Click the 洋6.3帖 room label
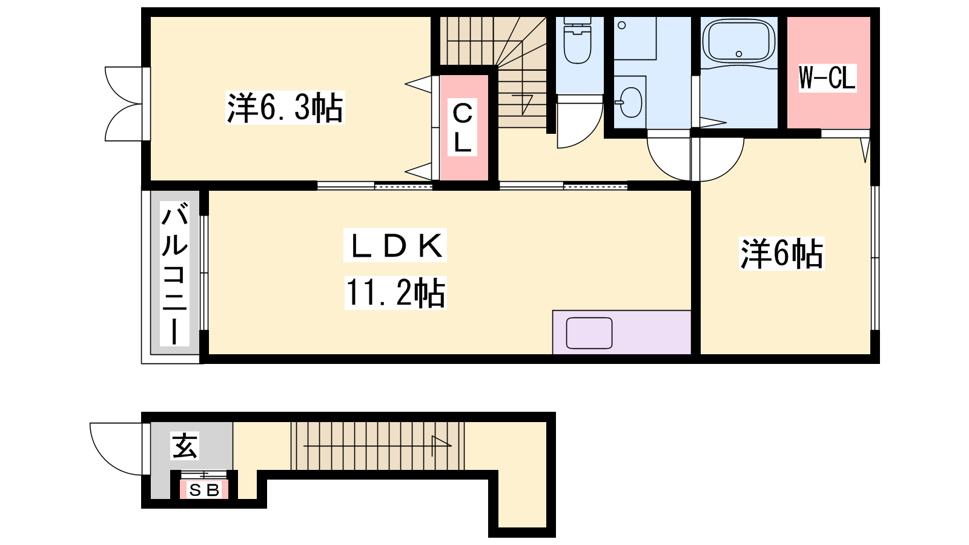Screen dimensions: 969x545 pos(285,108)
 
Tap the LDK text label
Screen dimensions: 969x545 pos(395,245)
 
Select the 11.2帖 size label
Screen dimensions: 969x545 pos(395,293)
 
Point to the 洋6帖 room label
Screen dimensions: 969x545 pos(782,254)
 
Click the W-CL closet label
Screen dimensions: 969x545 pos(827,78)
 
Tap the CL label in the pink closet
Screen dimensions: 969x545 pos(462,128)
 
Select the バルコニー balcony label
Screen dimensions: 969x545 pos(175,274)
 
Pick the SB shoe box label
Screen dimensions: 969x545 pos(204,490)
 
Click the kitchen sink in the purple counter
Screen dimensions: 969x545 pos(589,333)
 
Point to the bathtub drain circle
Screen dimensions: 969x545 pos(739,54)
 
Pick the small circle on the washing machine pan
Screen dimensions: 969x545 pos(621,25)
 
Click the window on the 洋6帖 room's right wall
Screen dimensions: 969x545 pos(875,258)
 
